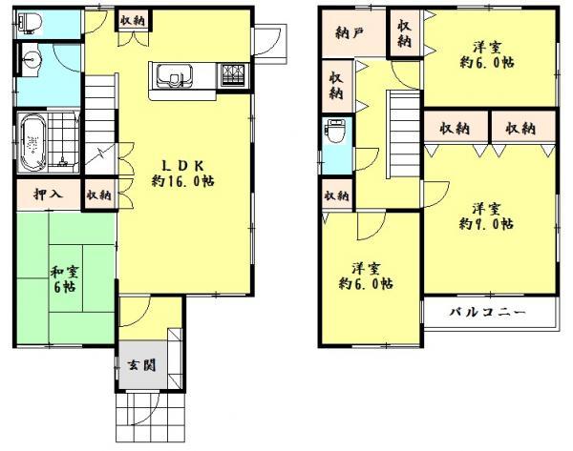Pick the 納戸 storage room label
(350, 32)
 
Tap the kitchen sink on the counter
(174, 75)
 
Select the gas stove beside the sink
(233, 74)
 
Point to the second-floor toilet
(336, 133)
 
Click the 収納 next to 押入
(97, 195)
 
